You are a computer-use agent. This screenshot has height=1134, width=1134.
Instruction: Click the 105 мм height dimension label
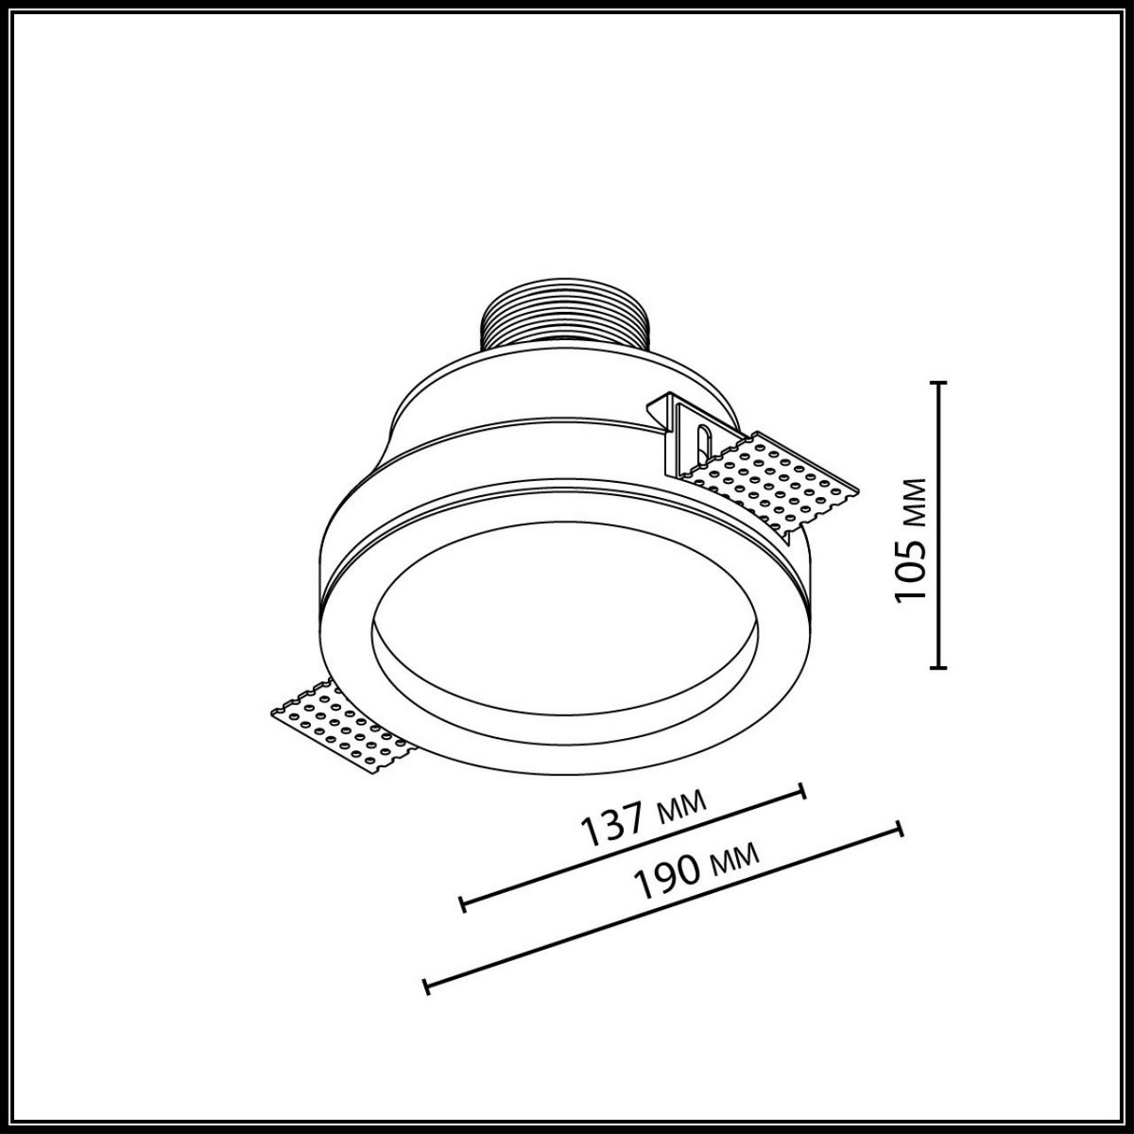point(910,540)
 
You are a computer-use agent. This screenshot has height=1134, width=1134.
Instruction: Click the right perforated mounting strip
point(775,481)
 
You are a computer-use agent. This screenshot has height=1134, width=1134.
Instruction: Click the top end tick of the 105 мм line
point(938,383)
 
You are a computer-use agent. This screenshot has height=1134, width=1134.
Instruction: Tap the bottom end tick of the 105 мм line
point(938,668)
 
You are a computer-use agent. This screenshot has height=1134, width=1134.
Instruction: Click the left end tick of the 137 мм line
point(462,904)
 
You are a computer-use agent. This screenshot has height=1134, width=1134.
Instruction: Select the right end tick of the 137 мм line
point(803,790)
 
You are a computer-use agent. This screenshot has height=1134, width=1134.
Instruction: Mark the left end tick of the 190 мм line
point(427,987)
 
